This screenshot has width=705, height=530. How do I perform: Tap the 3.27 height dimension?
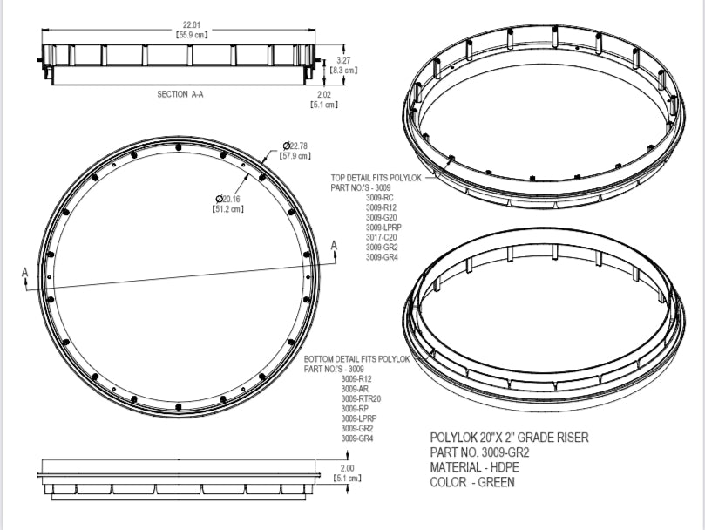pos(344,61)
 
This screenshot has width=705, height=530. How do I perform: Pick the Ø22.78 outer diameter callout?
pos(296,146)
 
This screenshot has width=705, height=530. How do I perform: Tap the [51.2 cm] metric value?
pos(227,209)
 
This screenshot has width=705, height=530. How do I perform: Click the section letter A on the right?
pos(334,247)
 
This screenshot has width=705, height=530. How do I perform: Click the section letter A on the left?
pos(25,273)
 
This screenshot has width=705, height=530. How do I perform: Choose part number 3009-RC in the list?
pos(381,198)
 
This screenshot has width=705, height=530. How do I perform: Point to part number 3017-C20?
pos(382,237)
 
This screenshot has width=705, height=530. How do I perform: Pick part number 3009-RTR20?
pos(361,398)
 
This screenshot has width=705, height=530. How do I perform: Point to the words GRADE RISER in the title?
pos(552,438)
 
